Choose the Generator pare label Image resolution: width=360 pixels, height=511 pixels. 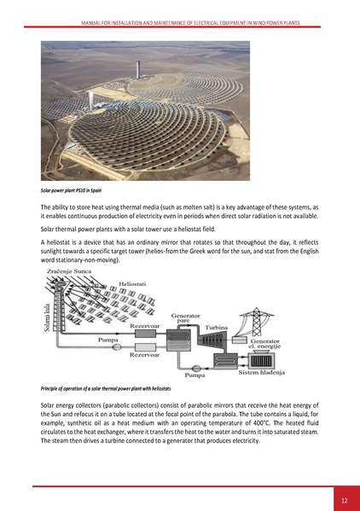[x=186, y=317]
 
